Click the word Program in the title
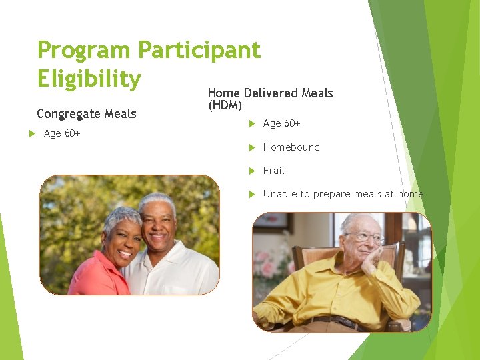coord(84,51)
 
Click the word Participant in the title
coord(199,51)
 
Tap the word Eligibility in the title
coord(89,79)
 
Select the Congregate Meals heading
coord(86,114)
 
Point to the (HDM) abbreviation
coord(225,105)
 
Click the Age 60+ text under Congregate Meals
coord(62,133)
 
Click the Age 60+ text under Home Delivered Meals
coord(281,123)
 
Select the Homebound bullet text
coord(291,147)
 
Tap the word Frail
coord(273,170)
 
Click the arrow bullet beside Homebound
coord(251,147)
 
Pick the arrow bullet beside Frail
coord(251,171)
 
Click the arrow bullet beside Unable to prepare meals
coord(251,194)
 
